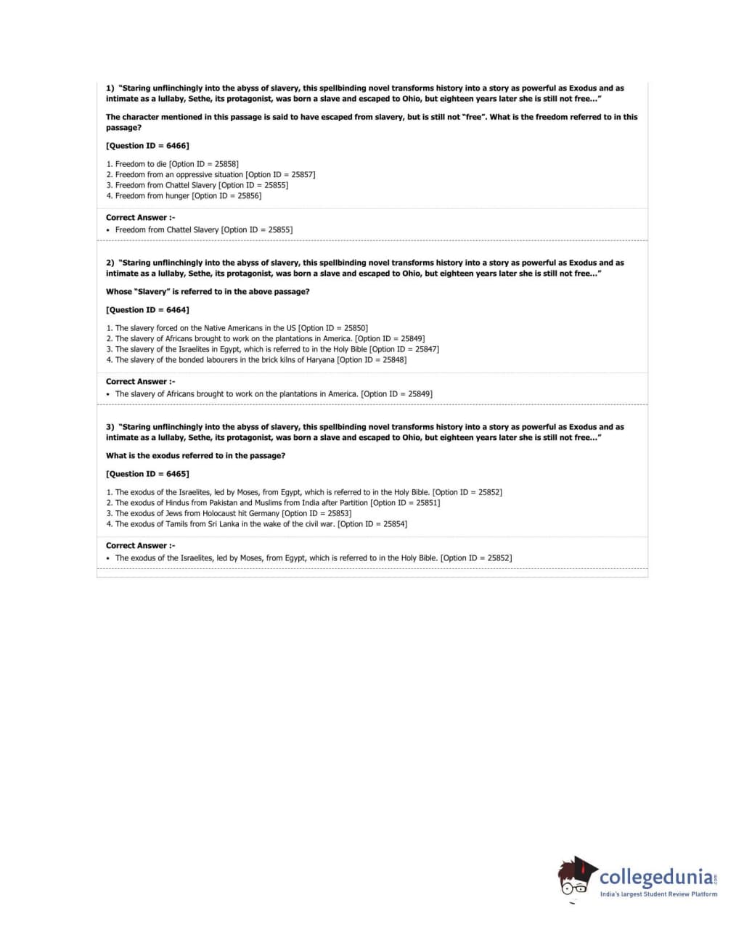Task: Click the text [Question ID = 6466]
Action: [x=147, y=146]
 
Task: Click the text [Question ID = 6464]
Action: [x=147, y=310]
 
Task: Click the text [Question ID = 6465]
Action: [x=147, y=474]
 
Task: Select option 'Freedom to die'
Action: [x=172, y=164]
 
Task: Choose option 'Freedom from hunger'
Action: [x=184, y=196]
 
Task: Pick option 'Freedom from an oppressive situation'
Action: [x=210, y=175]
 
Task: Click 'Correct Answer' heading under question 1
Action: [x=140, y=218]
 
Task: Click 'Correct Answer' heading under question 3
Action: [x=140, y=546]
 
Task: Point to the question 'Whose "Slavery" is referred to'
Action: [x=208, y=292]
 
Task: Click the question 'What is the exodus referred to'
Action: [x=195, y=456]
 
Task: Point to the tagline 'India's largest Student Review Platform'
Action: [x=658, y=894]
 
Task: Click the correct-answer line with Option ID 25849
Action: [x=273, y=394]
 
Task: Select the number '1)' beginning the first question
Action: [x=110, y=89]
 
